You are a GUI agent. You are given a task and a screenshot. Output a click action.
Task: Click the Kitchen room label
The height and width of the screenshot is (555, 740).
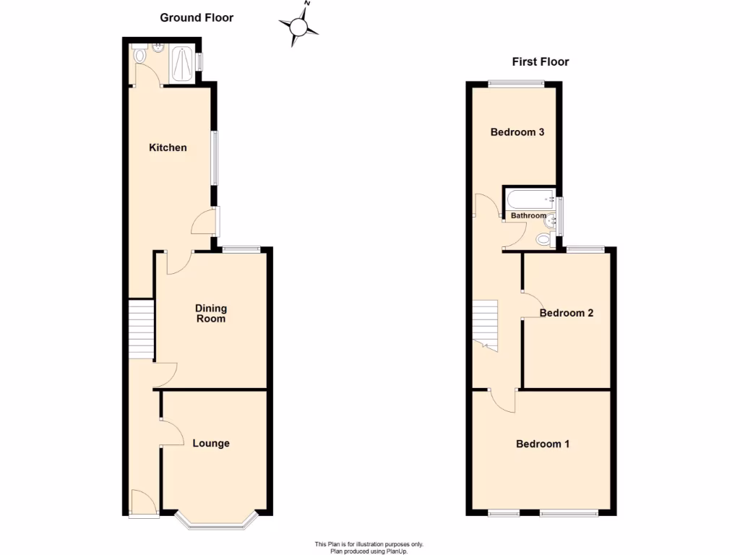tap(168, 147)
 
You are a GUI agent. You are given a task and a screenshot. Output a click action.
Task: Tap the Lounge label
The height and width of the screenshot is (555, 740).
tap(211, 443)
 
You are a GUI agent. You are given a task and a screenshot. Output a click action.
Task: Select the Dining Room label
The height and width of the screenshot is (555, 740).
tap(210, 314)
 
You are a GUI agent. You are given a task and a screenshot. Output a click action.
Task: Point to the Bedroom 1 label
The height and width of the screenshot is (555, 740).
tap(542, 444)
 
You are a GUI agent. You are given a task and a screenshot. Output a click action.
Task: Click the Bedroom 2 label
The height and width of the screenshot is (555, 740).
tap(567, 313)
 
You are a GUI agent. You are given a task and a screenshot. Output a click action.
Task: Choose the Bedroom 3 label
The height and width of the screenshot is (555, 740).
tap(517, 132)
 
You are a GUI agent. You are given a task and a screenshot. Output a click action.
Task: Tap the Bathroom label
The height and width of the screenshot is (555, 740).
tap(528, 215)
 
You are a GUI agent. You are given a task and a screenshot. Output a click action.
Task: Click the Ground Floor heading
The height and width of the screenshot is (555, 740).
tap(197, 17)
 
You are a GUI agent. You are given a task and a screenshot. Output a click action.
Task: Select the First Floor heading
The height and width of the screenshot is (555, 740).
tap(540, 61)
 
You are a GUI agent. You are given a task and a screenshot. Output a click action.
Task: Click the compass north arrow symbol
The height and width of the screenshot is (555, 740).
tap(299, 27)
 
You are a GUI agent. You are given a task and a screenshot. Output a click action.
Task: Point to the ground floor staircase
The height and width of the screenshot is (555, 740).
tap(142, 329)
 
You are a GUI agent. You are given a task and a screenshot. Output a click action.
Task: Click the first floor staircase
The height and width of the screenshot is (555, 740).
tap(486, 322)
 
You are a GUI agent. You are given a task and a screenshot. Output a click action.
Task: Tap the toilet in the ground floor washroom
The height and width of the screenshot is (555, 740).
tap(139, 55)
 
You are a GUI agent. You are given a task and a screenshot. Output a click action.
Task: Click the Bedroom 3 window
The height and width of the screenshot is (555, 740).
tap(515, 83)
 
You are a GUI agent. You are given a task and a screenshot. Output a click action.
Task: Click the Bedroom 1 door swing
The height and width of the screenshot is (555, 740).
tap(502, 400)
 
